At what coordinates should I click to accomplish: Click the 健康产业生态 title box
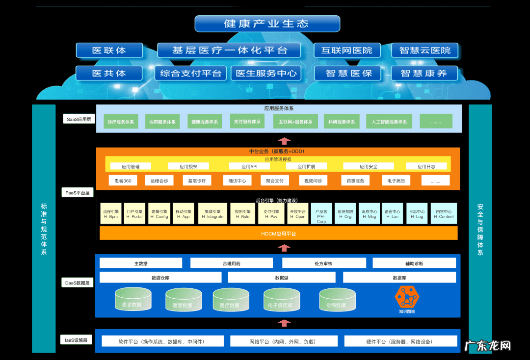pyautogui.click(x=267, y=24)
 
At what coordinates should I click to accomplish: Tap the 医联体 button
pyautogui.click(x=109, y=50)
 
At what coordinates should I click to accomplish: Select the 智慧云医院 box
pyautogui.click(x=425, y=50)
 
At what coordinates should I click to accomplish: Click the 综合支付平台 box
pyautogui.click(x=191, y=74)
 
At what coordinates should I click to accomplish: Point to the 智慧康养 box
pyautogui.click(x=424, y=74)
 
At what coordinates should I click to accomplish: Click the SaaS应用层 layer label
pyautogui.click(x=79, y=119)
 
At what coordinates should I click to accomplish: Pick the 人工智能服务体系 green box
pyautogui.click(x=389, y=122)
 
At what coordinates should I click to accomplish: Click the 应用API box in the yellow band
pyautogui.click(x=249, y=166)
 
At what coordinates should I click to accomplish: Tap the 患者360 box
pyautogui.click(x=123, y=180)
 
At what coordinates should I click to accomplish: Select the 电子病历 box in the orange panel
pyautogui.click(x=396, y=180)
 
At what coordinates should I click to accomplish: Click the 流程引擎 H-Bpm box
pyautogui.click(x=110, y=214)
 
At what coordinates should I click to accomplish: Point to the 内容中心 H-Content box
pyautogui.click(x=444, y=214)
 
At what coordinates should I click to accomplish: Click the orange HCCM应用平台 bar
pyautogui.click(x=278, y=233)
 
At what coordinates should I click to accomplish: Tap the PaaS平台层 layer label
pyautogui.click(x=78, y=193)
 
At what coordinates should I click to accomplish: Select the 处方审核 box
pyautogui.click(x=323, y=263)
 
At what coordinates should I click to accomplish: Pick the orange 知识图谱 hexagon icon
pyautogui.click(x=407, y=297)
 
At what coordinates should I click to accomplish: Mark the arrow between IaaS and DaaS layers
pyautogui.click(x=284, y=323)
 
